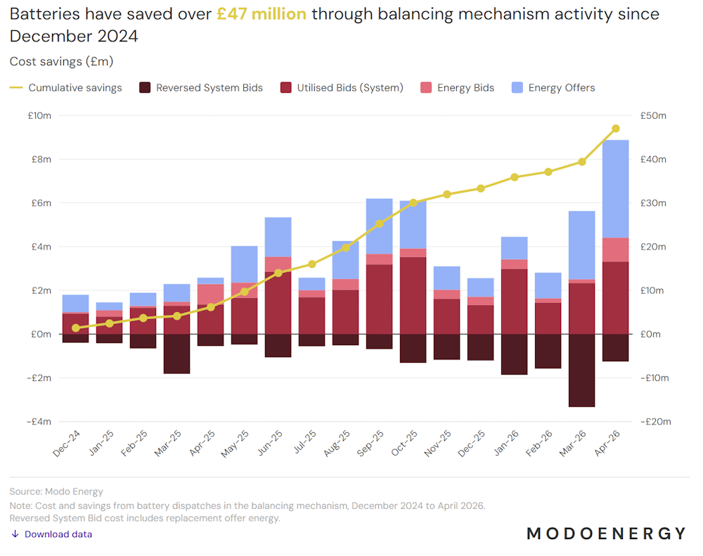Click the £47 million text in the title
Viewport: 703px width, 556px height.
click(x=262, y=14)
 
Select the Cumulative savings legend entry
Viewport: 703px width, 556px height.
click(x=66, y=88)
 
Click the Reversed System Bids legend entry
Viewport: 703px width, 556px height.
click(x=201, y=88)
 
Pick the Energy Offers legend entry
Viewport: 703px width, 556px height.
click(x=553, y=88)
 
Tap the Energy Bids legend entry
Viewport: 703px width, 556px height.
click(x=458, y=88)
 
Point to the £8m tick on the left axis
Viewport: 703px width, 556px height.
click(x=41, y=159)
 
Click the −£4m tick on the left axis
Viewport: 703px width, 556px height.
click(x=39, y=422)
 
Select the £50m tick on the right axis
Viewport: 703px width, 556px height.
click(x=653, y=116)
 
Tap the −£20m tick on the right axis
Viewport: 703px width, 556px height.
click(x=655, y=422)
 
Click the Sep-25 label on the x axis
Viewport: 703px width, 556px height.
click(x=370, y=444)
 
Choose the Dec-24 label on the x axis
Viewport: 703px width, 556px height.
click(x=66, y=444)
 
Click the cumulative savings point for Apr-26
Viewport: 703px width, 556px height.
click(x=616, y=129)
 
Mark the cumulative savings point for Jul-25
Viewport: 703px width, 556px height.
click(x=312, y=264)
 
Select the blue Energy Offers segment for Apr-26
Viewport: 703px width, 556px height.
click(x=616, y=189)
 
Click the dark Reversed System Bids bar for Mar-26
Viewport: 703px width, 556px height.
click(x=582, y=370)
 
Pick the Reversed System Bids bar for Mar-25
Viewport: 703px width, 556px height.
click(x=176, y=354)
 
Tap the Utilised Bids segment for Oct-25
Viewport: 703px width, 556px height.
click(x=413, y=295)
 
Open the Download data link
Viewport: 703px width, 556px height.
click(x=51, y=534)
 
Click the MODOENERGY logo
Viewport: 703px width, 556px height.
click(x=606, y=534)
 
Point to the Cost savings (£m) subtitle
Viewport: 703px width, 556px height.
click(x=61, y=61)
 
